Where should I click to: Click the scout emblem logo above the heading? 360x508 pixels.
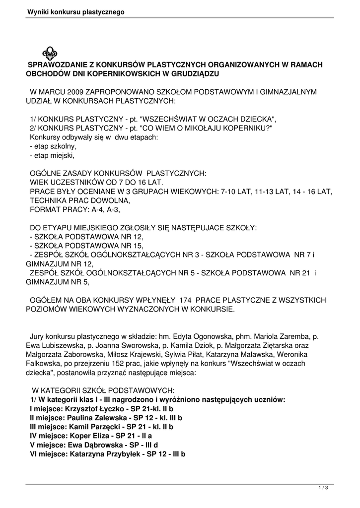point(50,53)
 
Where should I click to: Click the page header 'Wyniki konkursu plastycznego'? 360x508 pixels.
point(75,11)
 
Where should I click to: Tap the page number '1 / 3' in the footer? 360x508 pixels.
point(323,488)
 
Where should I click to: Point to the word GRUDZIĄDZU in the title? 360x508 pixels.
point(194,74)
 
